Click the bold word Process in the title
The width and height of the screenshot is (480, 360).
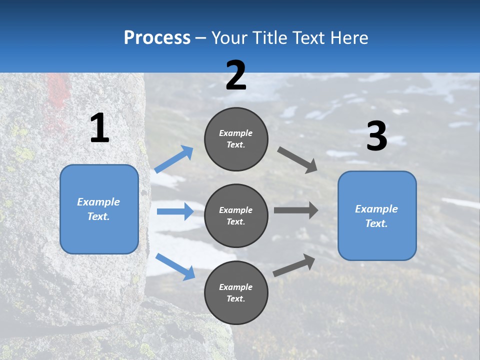(x=157, y=38)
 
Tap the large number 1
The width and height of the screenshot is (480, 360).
(x=99, y=128)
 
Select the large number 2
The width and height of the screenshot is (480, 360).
(x=236, y=75)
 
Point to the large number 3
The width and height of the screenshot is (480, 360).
(x=376, y=136)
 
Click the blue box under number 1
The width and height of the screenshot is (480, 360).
(x=99, y=209)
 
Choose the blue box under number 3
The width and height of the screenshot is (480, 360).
(x=377, y=215)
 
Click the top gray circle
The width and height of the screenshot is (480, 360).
(x=236, y=139)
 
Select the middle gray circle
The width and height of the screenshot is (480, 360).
(x=236, y=215)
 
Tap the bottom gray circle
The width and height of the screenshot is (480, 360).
(x=236, y=292)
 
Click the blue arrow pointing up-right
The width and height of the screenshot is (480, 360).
(x=174, y=159)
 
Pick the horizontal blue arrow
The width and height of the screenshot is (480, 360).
(x=175, y=211)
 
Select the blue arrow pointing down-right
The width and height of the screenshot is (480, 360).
(x=175, y=266)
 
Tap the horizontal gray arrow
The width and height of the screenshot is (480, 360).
(x=295, y=210)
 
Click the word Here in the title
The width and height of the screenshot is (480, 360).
(x=349, y=38)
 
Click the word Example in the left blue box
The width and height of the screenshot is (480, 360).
(x=98, y=202)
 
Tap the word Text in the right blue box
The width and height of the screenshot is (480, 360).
(x=376, y=223)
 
